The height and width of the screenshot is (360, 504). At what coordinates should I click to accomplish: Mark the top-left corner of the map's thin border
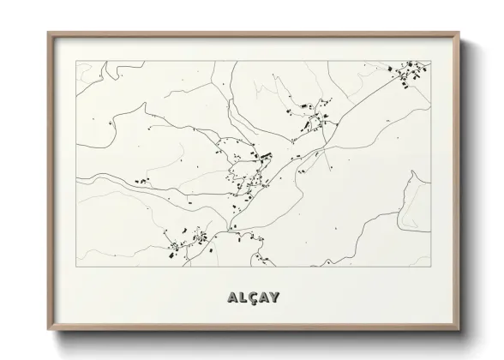76,62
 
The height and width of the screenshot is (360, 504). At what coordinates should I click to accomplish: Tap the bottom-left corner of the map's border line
76,267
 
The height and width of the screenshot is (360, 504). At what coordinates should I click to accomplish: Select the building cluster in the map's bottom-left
187,243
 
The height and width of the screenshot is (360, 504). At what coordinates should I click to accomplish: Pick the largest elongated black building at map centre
265,156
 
